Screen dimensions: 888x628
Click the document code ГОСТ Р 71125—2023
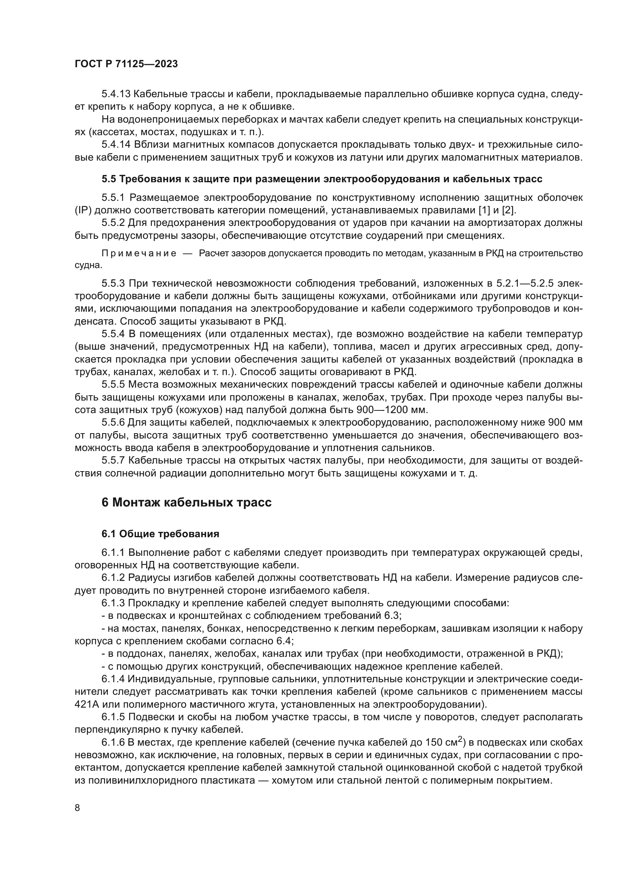[126, 64]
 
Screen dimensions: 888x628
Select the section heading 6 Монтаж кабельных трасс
[186, 502]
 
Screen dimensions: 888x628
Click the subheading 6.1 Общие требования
[160, 534]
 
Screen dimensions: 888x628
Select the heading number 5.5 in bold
[109, 179]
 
